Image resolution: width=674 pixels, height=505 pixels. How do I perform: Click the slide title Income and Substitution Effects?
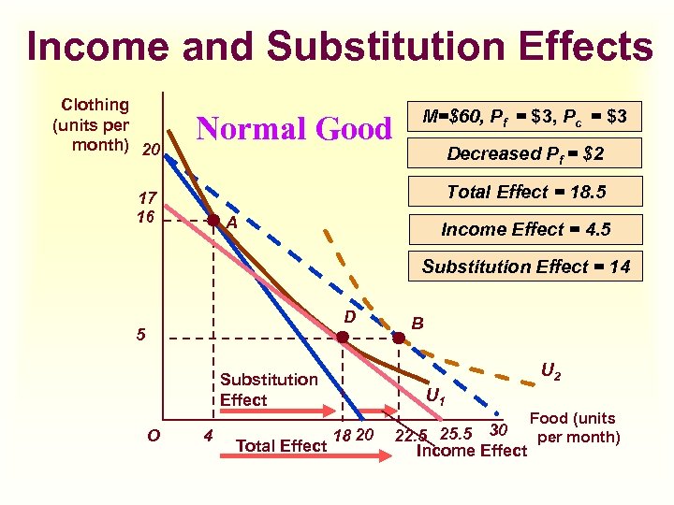[339, 46]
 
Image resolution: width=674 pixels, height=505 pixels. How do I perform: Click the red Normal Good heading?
[293, 128]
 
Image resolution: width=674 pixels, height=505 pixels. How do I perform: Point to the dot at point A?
[213, 222]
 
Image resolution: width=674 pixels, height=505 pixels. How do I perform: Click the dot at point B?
[399, 339]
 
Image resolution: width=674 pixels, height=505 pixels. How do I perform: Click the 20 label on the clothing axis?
[150, 151]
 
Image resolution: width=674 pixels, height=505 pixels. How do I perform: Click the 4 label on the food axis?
[207, 435]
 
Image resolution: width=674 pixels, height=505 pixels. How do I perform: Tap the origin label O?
[154, 435]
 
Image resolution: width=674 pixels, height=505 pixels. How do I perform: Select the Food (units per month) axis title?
[574, 428]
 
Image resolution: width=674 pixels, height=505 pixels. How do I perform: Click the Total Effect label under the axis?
[282, 446]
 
